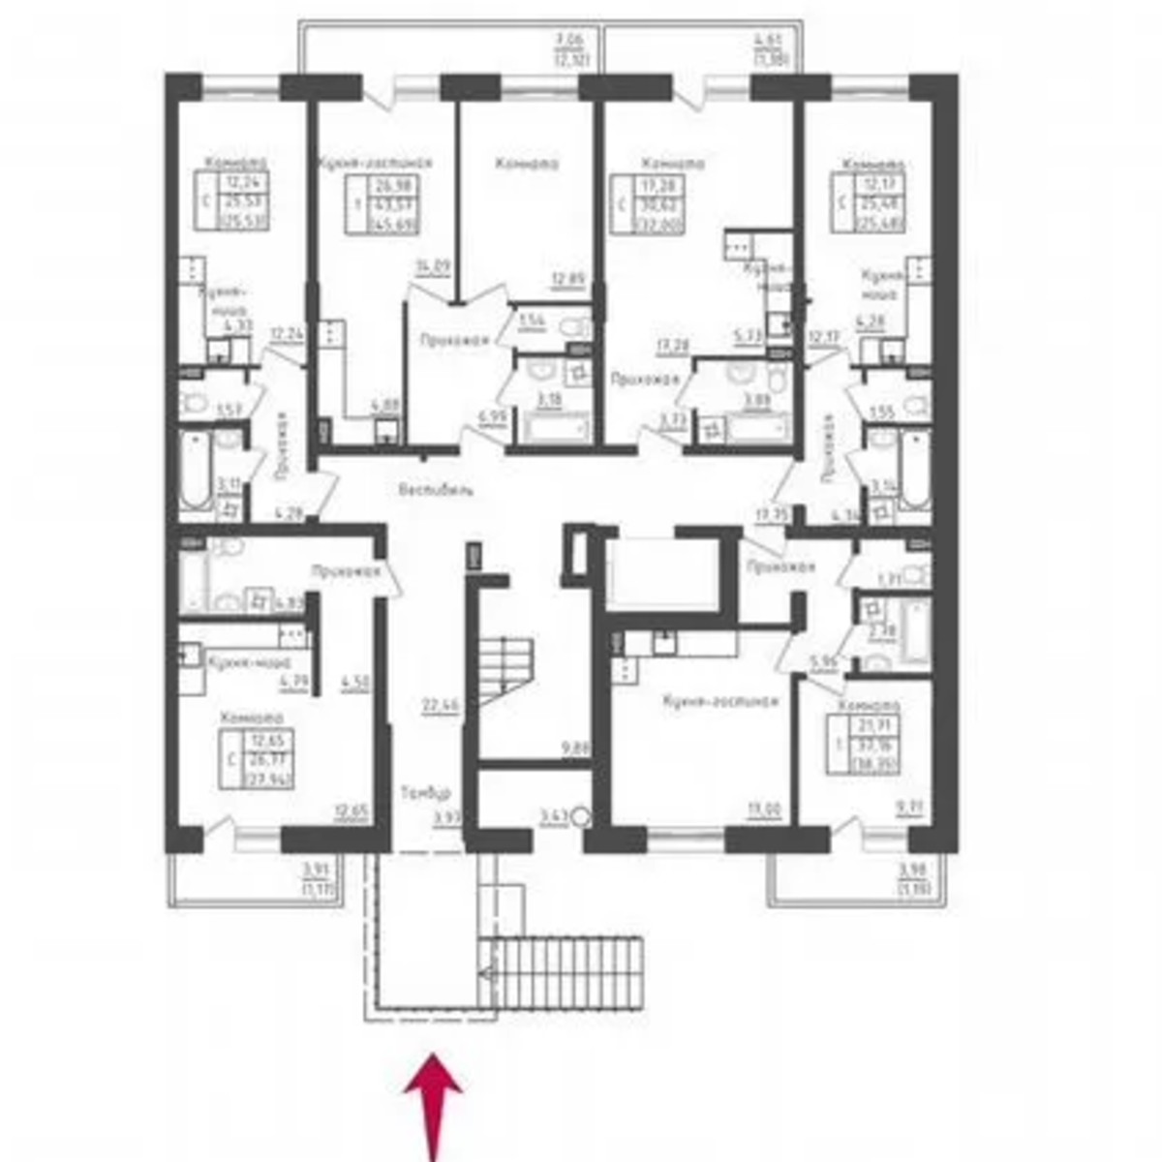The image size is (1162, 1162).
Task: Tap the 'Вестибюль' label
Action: pos(437,490)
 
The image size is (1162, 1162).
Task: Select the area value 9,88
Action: pos(575,747)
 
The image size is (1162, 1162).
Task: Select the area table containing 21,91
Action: pos(862,744)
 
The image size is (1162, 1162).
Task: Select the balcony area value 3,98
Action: pos(913,868)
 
